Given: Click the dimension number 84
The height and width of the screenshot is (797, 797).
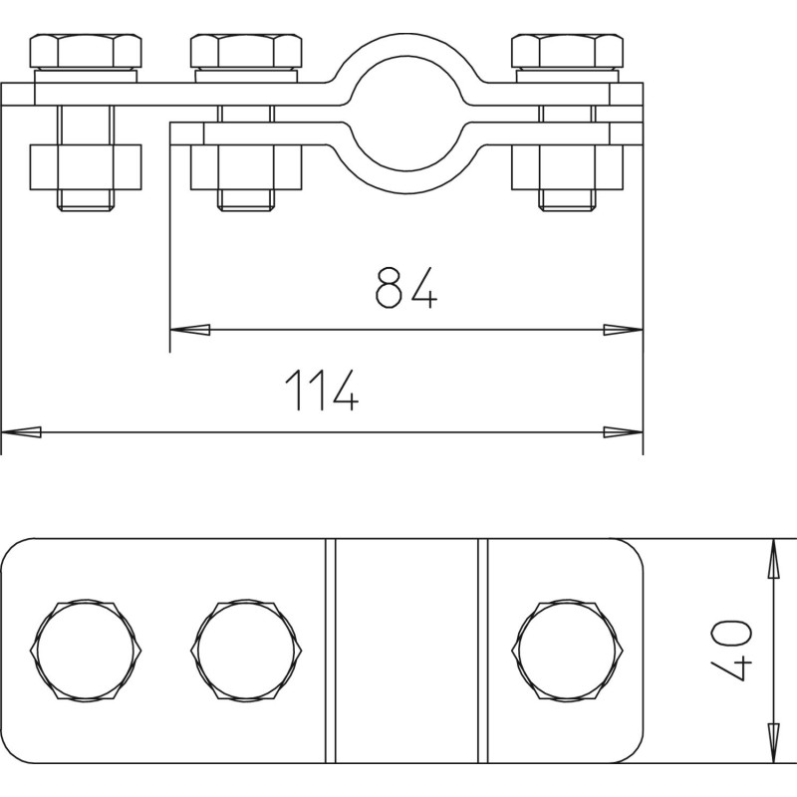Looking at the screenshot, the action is tap(406, 288).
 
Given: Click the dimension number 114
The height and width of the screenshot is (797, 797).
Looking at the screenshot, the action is tap(322, 390).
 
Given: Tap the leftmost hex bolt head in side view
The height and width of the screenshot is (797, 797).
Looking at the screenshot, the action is tap(86, 51).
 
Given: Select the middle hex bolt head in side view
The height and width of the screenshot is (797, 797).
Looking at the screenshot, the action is tap(246, 51).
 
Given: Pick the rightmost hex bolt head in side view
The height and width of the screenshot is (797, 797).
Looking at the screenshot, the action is tap(567, 51).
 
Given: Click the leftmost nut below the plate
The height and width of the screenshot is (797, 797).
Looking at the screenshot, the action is tap(86, 167).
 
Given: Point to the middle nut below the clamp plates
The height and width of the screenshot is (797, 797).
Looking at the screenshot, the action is tap(246, 167).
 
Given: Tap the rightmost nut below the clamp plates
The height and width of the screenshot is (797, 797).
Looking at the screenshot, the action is tap(567, 167).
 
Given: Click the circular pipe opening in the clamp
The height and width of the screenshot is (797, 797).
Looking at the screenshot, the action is tap(406, 115).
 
